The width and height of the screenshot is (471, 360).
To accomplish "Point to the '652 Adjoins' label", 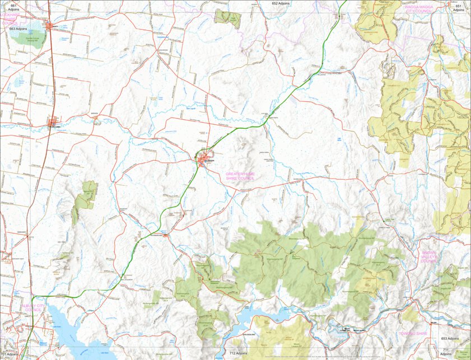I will tap(281, 3).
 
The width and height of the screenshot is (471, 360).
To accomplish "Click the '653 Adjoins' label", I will tap(451, 339).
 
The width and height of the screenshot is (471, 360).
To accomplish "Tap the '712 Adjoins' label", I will tap(238, 354).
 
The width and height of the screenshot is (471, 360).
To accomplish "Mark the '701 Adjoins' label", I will tap(10, 355).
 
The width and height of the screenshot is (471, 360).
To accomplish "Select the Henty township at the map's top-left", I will tap(51, 26).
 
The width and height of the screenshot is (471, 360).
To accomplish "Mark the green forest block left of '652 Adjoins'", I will tap(227, 18).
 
